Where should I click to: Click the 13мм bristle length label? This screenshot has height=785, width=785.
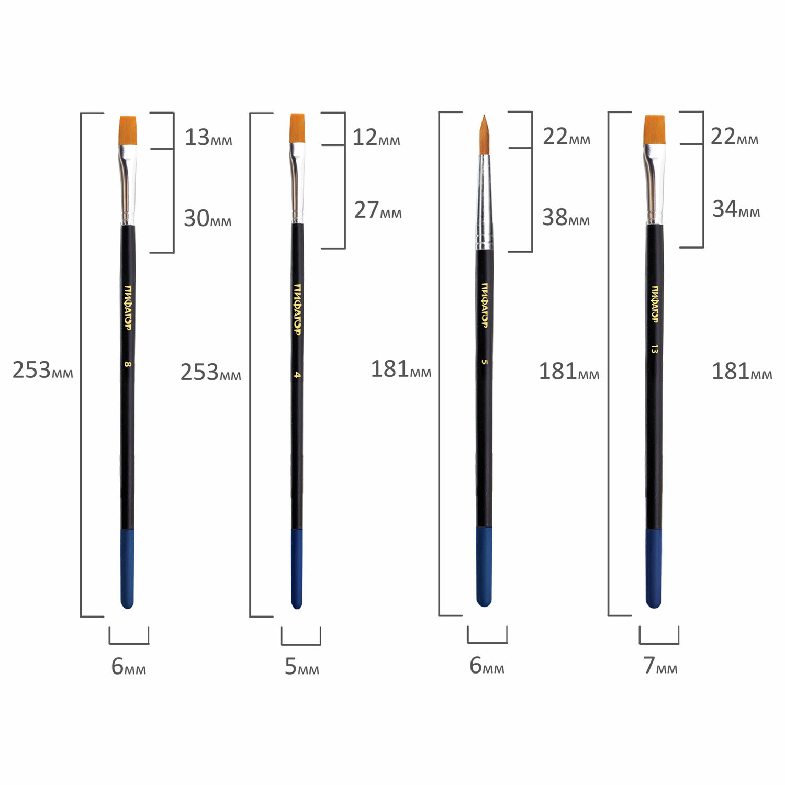pos(208,138)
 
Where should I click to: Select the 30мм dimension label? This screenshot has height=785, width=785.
pos(208,218)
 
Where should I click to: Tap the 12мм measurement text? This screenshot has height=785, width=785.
pos(376,138)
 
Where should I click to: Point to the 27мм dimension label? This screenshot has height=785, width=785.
pos(378,210)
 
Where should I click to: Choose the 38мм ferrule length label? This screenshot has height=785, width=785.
pos(566,217)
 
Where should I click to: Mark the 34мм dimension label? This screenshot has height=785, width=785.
pos(736,209)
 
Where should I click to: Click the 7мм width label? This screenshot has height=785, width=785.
pos(660,666)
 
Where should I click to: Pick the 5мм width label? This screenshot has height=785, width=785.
pos(302,667)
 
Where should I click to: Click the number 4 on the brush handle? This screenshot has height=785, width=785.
pos(297,375)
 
